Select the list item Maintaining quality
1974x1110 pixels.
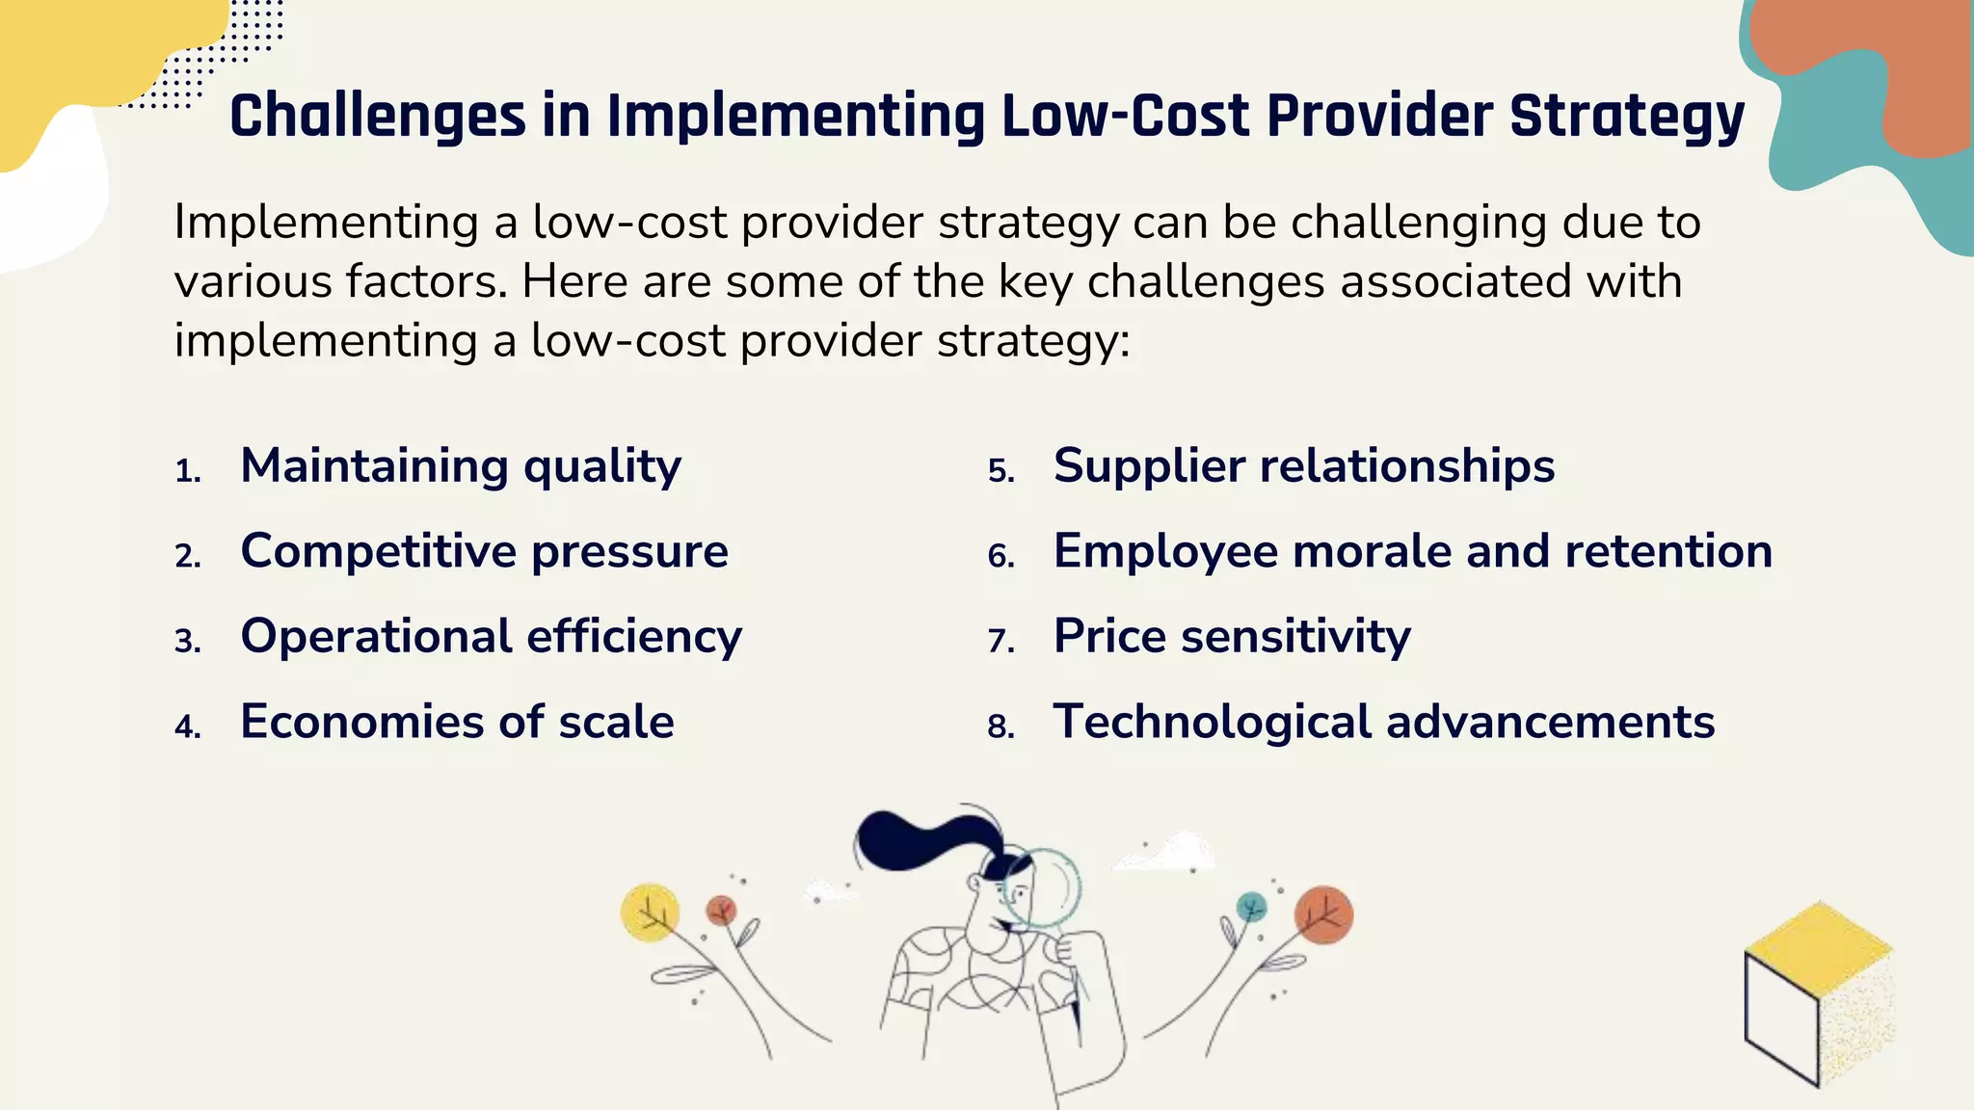click(461, 466)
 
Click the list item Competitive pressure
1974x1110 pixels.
click(484, 551)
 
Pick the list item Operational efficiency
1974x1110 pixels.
click(491, 637)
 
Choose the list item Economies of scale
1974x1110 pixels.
click(457, 722)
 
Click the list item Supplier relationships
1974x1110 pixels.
click(1303, 466)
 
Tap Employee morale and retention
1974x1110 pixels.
click(1412, 551)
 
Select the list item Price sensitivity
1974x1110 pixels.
click(1231, 637)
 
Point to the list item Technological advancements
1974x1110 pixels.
click(1383, 722)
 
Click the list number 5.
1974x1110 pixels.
click(1000, 471)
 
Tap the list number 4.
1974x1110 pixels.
click(187, 727)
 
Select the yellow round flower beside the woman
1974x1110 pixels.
click(650, 912)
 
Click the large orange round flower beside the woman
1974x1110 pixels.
click(1323, 914)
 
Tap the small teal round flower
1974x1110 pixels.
click(1251, 906)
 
